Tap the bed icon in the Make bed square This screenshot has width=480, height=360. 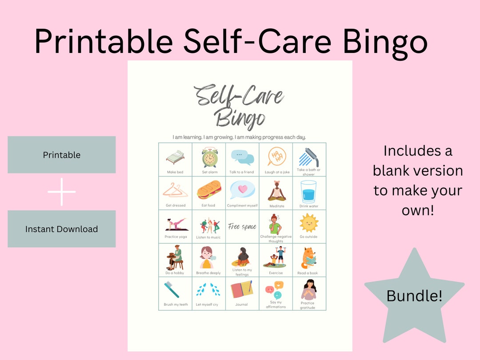[175, 158]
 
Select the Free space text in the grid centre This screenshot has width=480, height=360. [242, 227]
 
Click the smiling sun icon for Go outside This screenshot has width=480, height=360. [309, 223]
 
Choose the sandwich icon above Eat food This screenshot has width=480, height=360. [209, 190]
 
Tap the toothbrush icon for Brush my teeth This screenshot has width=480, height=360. [172, 289]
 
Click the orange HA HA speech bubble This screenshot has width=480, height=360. [276, 156]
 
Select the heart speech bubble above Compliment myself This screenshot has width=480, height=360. [242, 190]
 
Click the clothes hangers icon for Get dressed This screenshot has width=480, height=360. [175, 190]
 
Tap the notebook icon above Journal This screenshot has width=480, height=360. [242, 289]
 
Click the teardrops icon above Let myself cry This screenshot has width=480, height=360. [208, 290]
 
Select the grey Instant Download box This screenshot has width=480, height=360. [62, 229]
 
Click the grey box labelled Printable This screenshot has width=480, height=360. [62, 155]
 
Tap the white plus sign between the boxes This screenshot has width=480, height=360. [62, 192]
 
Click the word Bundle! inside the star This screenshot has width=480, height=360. [414, 296]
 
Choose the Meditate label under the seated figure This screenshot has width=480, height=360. [277, 206]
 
